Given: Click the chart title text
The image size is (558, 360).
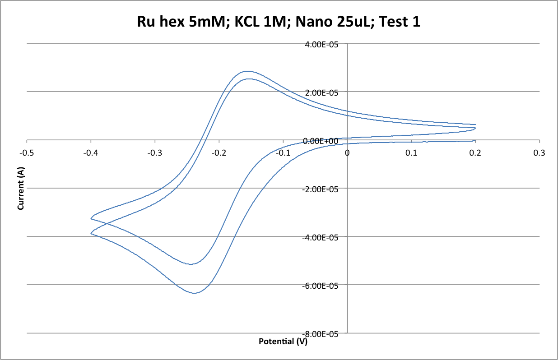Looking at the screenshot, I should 279,22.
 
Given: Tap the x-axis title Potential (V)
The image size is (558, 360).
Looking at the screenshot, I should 283,342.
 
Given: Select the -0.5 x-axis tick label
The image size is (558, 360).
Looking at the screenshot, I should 27,153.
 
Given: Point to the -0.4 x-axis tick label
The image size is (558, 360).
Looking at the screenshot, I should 91,153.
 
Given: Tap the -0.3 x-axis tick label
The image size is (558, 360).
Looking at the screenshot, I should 155,153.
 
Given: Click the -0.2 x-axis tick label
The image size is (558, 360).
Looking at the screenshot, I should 219,153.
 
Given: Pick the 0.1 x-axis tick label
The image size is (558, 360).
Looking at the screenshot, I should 411,153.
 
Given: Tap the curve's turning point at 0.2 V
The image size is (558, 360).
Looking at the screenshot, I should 475,128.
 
